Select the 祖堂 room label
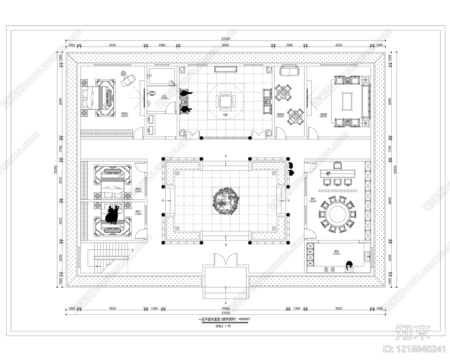coord(225,115)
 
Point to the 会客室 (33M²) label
coord(323,115)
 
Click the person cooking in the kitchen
coord(349,265)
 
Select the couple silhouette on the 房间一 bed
coord(112,215)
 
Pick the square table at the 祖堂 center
coord(226,101)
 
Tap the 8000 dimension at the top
coord(226,45)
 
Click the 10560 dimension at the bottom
coord(226,309)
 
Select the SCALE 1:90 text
coord(223,326)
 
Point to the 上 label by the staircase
coord(132,249)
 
